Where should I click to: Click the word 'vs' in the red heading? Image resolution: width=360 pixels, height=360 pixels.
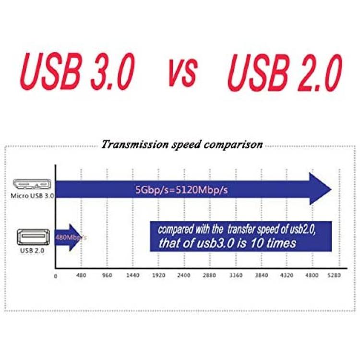click(183, 72)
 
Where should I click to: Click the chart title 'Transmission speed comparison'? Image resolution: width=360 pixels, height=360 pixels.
click(182, 144)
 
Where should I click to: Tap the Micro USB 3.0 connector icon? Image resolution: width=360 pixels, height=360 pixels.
click(32, 184)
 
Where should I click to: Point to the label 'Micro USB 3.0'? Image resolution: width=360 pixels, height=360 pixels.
click(32, 196)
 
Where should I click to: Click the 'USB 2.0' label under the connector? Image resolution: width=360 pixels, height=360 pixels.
click(32, 251)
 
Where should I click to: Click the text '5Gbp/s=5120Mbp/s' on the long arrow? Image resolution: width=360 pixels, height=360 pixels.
click(181, 190)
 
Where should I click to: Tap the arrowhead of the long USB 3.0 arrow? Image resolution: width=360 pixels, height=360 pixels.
click(321, 189)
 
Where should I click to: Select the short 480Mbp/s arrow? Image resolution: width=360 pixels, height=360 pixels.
click(68, 238)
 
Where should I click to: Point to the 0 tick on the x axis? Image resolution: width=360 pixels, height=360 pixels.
click(56, 276)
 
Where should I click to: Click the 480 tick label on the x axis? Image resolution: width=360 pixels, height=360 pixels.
click(81, 276)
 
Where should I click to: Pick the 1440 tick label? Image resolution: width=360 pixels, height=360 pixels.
click(132, 276)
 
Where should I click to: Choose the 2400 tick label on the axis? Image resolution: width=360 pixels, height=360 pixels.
click(184, 276)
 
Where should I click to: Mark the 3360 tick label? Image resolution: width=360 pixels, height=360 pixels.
click(236, 276)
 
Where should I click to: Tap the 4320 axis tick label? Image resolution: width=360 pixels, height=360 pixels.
click(287, 276)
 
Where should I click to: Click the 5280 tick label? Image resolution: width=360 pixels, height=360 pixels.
click(334, 276)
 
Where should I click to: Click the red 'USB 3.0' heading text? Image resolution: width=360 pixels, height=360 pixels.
click(78, 71)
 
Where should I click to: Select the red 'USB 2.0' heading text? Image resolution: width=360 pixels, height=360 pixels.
click(285, 72)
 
